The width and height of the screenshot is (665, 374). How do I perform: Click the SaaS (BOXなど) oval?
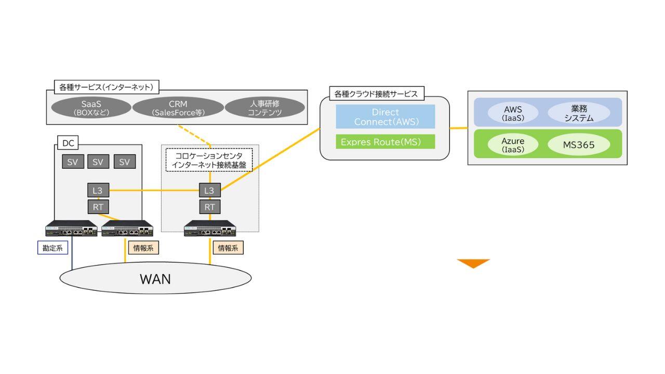[x=91, y=108]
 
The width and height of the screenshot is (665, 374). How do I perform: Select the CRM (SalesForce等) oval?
[x=178, y=108]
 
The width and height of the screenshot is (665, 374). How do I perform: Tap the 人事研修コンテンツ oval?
[x=264, y=108]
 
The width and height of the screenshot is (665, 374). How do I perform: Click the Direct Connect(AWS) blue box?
[x=385, y=117]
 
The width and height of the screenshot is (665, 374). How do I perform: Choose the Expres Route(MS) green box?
[x=385, y=142]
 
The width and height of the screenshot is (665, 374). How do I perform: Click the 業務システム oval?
[x=579, y=113]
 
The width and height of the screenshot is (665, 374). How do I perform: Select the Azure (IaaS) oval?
[x=513, y=145]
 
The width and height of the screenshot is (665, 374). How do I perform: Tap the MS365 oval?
[x=579, y=145]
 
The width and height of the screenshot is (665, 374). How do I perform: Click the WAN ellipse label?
[x=155, y=279]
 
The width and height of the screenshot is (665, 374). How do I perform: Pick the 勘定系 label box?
[x=52, y=248]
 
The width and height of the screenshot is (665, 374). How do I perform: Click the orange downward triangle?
[x=473, y=263]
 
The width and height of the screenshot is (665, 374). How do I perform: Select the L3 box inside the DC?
[x=98, y=191]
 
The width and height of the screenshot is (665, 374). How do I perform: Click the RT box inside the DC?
[x=98, y=207]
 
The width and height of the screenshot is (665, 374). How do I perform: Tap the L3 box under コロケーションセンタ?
[x=209, y=191]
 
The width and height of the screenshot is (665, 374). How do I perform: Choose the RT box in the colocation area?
[x=209, y=207]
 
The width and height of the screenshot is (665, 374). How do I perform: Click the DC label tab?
[x=68, y=143]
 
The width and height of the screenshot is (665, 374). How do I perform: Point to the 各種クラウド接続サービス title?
[x=376, y=94]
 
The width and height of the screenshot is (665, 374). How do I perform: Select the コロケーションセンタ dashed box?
[x=209, y=160]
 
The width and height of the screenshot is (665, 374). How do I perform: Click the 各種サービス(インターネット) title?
[x=106, y=87]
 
